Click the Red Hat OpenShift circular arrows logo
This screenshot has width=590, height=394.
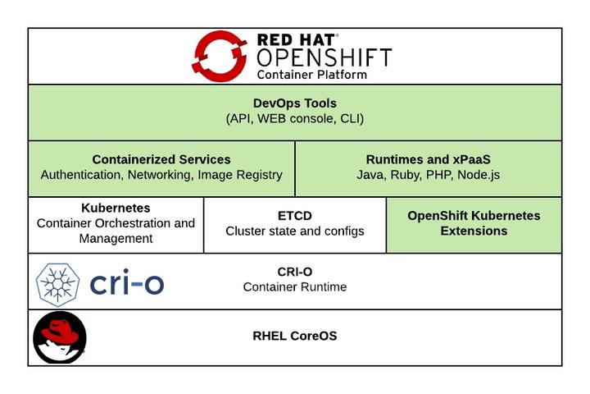coord(220,56)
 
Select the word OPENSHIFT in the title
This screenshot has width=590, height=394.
coord(324,57)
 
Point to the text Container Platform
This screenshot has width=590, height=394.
coord(311,74)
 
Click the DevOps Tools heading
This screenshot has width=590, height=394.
coord(295,103)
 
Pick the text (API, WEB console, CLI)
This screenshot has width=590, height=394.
coord(295,119)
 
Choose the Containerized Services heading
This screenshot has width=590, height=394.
coord(161,159)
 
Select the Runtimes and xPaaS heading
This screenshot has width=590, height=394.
coord(429,159)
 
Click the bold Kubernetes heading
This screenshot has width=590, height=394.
coord(116,208)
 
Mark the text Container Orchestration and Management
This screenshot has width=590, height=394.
coord(116,231)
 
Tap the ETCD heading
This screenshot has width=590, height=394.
coord(295,216)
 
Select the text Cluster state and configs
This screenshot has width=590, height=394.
coord(295,231)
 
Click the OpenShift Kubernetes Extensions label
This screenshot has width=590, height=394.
coord(474,223)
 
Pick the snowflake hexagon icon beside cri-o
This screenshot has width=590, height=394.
coord(57,283)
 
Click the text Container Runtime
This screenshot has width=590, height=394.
coord(295,286)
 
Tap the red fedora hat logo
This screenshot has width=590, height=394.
coord(59,337)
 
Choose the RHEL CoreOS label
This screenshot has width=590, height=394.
coord(295,336)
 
